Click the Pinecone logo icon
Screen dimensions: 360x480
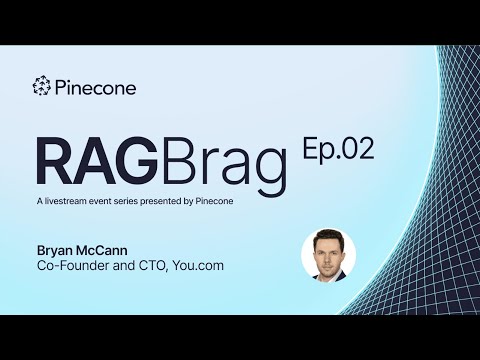(x=42, y=87)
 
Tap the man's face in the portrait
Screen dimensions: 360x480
(x=328, y=250)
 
